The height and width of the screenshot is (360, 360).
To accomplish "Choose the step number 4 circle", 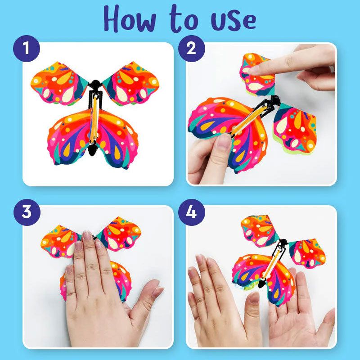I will coord(190,212).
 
